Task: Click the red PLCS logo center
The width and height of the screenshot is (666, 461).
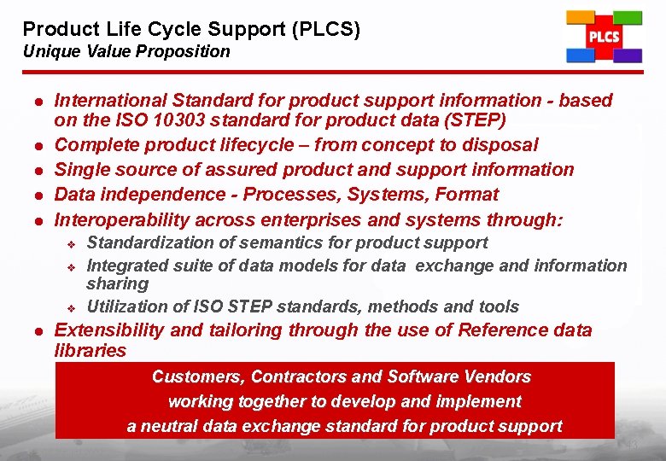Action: (604, 38)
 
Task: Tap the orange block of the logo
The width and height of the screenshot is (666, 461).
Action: (581, 17)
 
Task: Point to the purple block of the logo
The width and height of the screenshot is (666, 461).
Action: (628, 56)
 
